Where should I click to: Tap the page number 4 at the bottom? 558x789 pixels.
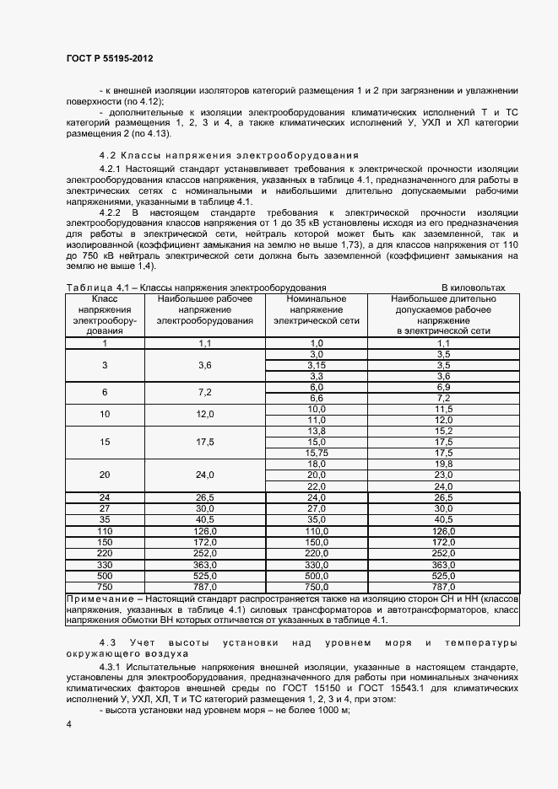click(x=68, y=724)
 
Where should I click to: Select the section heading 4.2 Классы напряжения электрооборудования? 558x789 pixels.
click(x=228, y=155)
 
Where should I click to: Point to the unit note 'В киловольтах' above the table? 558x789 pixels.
click(x=473, y=287)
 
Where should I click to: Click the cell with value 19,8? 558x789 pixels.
click(x=444, y=464)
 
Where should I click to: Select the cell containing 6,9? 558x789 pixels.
click(x=444, y=387)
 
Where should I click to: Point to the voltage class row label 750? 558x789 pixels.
click(x=105, y=586)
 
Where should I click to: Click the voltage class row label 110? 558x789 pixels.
click(x=105, y=531)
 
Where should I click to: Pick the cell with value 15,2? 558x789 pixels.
click(x=444, y=431)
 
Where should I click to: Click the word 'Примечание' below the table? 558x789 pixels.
click(x=97, y=598)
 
